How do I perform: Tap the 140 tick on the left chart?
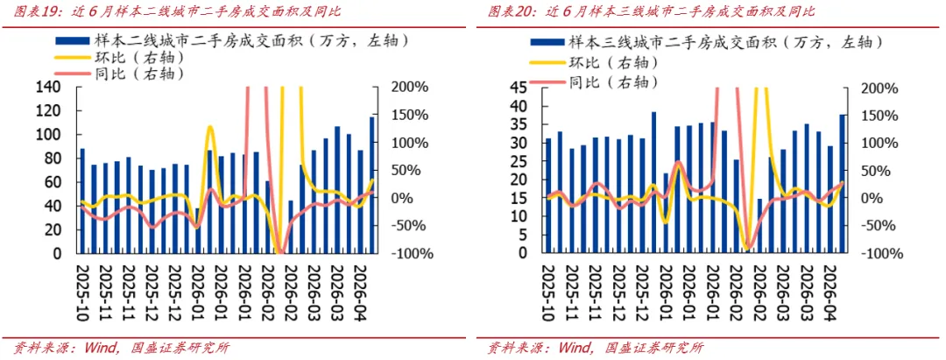click(x=49, y=88)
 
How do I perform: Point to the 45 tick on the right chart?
click(x=519, y=88)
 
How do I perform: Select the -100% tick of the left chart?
click(x=412, y=253)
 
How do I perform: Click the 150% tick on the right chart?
click(x=885, y=115)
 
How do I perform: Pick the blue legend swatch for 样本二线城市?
click(x=73, y=42)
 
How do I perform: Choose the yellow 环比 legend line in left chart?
click(x=73, y=58)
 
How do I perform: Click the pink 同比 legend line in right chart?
click(x=547, y=81)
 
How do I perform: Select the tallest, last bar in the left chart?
click(x=372, y=185)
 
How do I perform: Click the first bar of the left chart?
click(x=82, y=201)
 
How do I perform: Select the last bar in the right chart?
click(x=843, y=184)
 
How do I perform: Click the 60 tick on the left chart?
click(x=52, y=182)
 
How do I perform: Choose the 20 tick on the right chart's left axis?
click(x=519, y=180)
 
